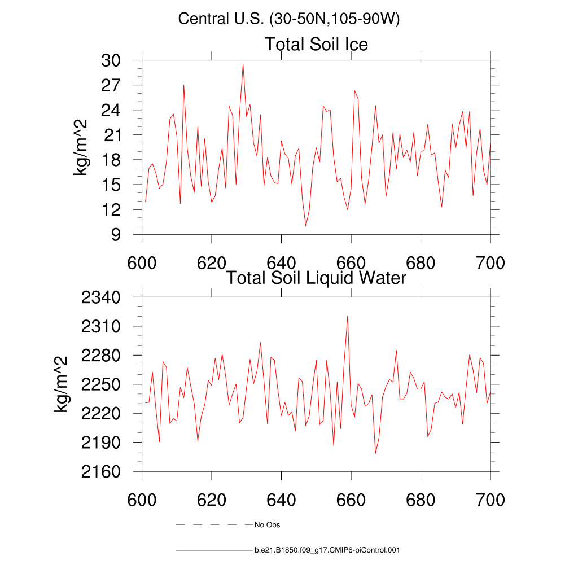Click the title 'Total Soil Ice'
(316, 44)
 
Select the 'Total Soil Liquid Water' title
(316, 277)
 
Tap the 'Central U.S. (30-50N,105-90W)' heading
(288, 19)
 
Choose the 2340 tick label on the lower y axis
(105, 297)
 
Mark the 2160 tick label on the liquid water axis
(105, 471)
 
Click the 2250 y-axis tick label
(105, 384)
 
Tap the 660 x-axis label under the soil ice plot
(351, 264)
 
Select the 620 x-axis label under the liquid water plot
(211, 500)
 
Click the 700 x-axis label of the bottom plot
(491, 500)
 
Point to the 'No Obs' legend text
(267, 525)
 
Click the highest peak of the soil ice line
(243, 64)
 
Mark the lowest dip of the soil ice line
(306, 226)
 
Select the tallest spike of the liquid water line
(348, 316)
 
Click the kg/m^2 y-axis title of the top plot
(82, 147)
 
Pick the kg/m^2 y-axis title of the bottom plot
(62, 384)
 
